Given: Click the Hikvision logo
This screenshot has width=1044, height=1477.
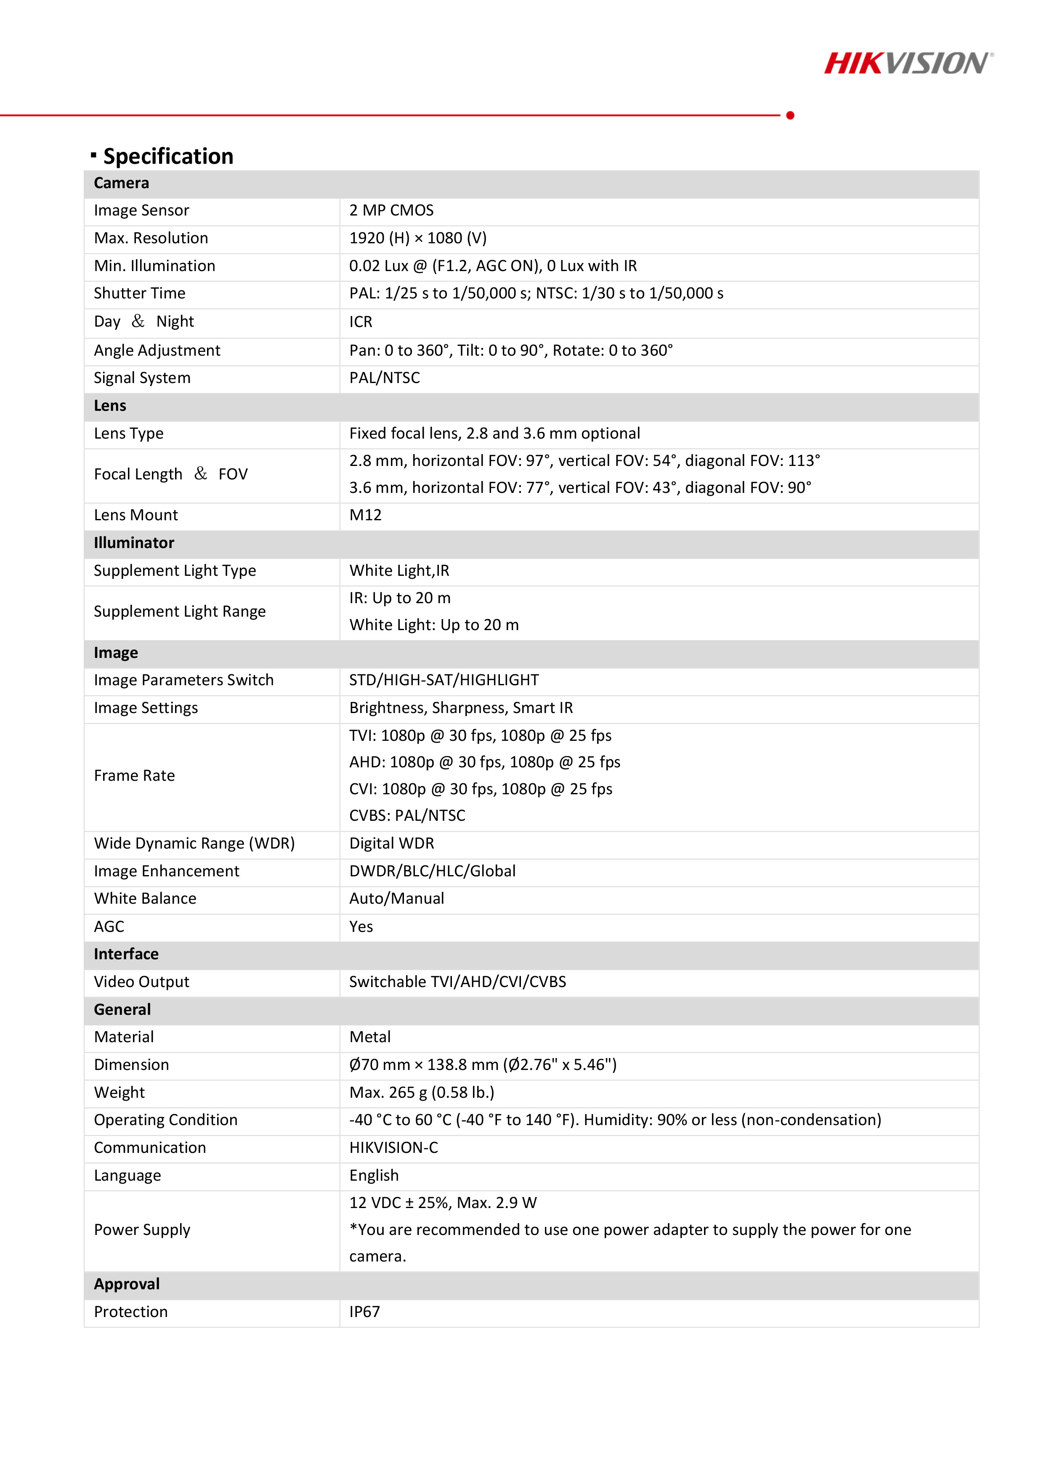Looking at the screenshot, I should pos(908,64).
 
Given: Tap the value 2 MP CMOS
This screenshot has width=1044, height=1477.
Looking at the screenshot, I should pos(391,210).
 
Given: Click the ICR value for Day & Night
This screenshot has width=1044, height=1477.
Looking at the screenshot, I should pos(361,322).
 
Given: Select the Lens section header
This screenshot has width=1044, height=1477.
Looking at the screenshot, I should pos(110,406).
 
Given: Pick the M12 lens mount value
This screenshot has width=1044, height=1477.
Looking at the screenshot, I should pos(365,515).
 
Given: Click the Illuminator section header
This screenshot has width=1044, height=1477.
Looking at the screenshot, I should pos(134,543).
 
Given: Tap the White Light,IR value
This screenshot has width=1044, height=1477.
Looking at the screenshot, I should pos(399,571).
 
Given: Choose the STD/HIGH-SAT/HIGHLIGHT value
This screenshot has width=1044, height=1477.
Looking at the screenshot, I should pos(444,680).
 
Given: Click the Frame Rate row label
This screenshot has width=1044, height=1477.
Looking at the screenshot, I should pos(134,776).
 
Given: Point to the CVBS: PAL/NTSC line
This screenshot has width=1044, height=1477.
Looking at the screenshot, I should pos(407,816).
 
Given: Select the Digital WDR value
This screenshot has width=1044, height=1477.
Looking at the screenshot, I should pos(392,844).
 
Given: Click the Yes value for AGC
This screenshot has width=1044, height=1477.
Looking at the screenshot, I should pos(361,926).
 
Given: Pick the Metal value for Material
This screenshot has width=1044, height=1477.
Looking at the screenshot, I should pos(370,1037).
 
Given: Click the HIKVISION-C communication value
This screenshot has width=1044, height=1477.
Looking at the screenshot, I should pos(394,1148).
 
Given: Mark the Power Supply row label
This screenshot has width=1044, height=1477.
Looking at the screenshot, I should pos(142,1230).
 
